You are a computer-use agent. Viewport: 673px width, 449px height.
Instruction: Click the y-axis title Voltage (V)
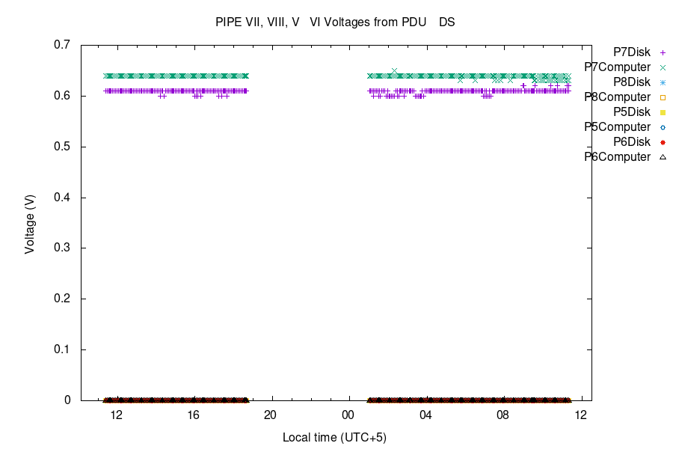click(30, 222)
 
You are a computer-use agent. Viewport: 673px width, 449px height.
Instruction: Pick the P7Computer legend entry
click(618, 67)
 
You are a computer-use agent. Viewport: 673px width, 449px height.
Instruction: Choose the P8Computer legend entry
click(618, 97)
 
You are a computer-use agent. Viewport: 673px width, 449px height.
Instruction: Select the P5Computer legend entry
click(618, 127)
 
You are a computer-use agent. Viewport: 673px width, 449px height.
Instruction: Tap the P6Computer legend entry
click(618, 157)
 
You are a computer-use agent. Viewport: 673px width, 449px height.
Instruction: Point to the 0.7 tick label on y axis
click(62, 45)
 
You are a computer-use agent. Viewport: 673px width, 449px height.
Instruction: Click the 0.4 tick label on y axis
click(62, 198)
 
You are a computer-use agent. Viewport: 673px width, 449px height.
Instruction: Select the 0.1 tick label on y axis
click(62, 349)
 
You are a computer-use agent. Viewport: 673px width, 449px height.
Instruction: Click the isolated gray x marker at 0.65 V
click(394, 71)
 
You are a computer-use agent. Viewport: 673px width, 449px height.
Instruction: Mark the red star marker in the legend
click(663, 142)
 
